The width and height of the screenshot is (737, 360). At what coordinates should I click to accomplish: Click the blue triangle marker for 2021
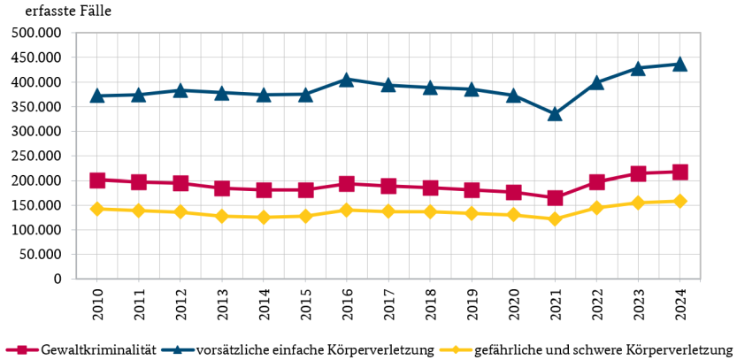click(x=555, y=114)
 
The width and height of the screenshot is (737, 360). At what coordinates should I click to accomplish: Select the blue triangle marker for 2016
click(x=347, y=80)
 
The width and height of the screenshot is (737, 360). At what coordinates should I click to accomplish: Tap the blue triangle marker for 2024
click(x=679, y=64)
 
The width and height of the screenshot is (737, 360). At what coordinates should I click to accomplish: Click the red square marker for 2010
click(x=97, y=180)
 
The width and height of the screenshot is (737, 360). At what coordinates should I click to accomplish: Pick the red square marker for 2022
click(x=596, y=182)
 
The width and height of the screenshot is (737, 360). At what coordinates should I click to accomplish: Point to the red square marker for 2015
click(x=305, y=190)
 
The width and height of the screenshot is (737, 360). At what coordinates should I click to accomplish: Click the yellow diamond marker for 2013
click(x=222, y=216)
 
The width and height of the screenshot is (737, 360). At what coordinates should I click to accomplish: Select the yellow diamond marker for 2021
click(x=555, y=218)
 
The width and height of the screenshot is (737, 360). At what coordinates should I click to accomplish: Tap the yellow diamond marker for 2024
click(x=679, y=201)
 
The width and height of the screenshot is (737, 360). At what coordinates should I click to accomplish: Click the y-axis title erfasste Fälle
click(x=68, y=11)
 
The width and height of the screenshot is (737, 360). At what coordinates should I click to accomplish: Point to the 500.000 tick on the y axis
click(x=36, y=33)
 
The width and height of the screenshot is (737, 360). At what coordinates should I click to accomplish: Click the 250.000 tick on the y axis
click(x=36, y=156)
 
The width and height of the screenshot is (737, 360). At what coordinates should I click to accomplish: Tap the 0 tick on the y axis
click(x=58, y=279)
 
